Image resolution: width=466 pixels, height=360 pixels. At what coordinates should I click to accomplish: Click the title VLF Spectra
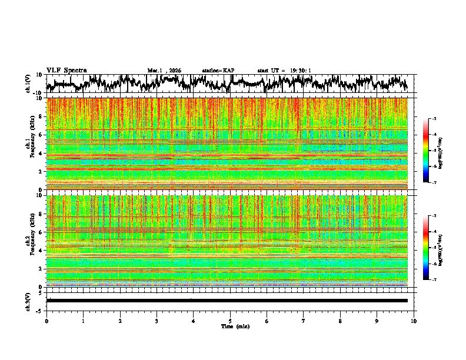tap(66, 70)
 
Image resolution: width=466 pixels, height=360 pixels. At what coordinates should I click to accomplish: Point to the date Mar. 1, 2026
tap(164, 71)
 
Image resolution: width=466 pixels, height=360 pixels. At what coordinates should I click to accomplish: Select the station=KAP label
tap(218, 71)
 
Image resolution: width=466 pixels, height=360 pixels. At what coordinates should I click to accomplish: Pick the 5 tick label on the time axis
tap(230, 321)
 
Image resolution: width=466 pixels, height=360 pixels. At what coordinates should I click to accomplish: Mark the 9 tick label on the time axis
tap(377, 321)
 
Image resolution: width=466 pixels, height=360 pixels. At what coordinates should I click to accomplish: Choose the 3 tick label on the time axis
tap(157, 321)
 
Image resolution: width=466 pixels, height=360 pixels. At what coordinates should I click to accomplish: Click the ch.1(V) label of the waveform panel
tap(28, 84)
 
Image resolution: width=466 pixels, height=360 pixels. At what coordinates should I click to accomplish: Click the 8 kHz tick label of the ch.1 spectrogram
tap(41, 116)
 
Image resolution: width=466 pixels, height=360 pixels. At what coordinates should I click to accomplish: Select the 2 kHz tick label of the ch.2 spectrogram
tap(41, 269)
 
